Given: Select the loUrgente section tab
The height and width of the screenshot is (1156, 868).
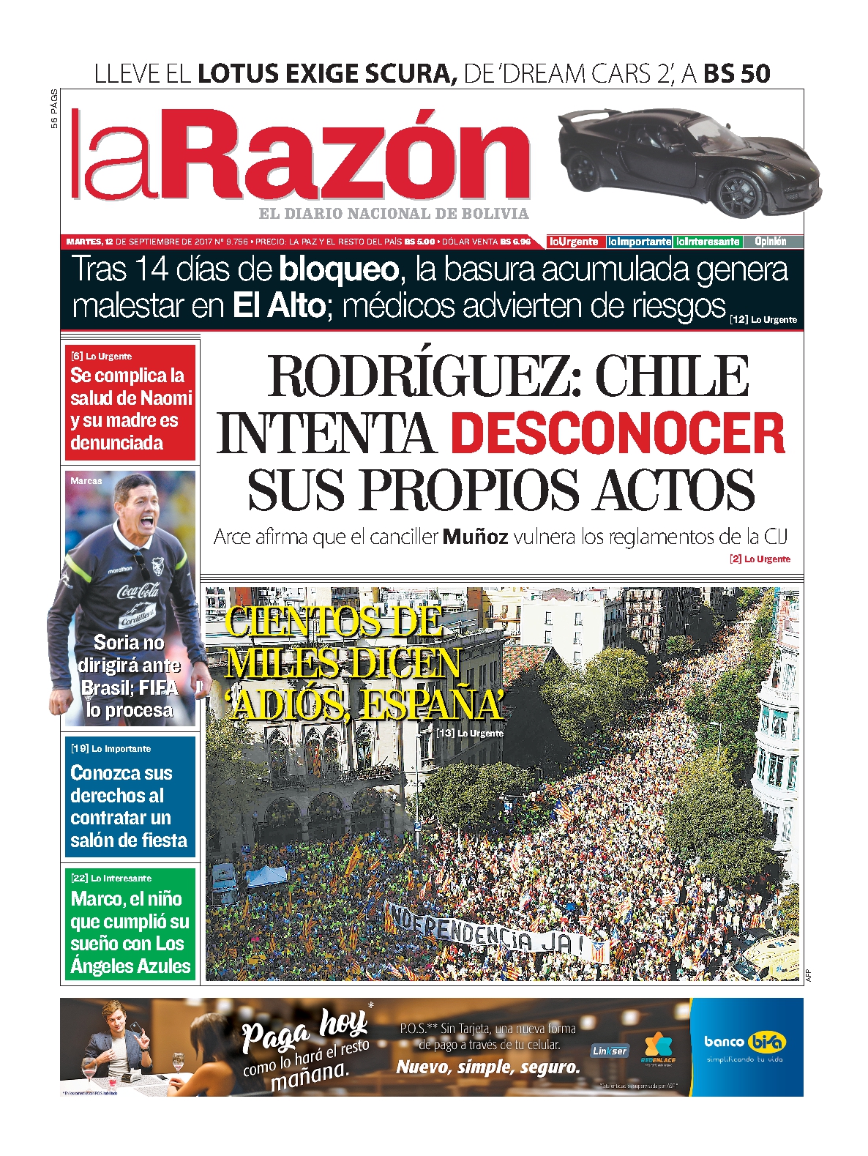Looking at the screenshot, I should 575,242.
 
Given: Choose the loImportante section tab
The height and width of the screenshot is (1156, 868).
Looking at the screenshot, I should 639,242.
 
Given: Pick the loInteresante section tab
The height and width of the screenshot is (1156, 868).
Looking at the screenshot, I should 707,242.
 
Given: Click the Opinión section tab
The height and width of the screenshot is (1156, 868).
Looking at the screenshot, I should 771,242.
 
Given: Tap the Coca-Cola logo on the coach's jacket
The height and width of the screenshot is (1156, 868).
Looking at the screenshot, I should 138,590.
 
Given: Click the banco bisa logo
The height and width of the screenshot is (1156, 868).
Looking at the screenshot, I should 745,1042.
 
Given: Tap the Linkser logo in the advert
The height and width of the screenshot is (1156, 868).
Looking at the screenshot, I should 609,1051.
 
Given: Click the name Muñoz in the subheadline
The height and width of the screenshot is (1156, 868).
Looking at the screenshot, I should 476,537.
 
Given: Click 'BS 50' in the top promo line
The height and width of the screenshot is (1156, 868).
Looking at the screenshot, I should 736,74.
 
